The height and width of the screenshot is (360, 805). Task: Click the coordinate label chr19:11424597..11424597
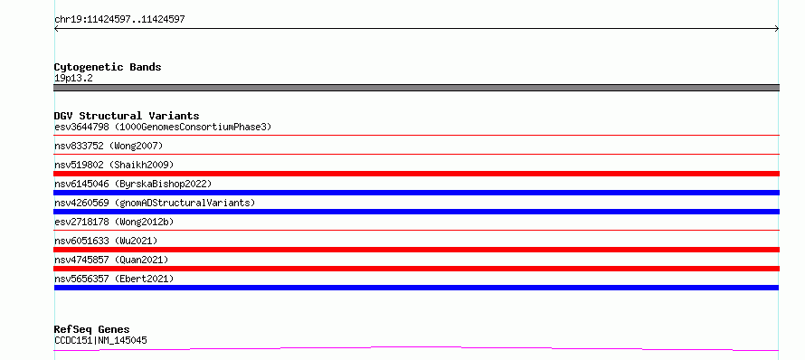point(119,20)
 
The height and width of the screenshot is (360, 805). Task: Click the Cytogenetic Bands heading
point(108,67)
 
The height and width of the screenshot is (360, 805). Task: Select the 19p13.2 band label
point(73,79)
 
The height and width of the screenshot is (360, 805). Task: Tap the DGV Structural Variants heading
point(127,116)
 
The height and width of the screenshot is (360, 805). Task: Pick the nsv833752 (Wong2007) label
point(109,146)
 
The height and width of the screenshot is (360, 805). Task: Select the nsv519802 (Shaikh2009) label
point(114,165)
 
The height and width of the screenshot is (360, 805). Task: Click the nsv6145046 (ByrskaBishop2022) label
point(133,184)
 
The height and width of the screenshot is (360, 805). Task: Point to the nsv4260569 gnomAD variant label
point(155,203)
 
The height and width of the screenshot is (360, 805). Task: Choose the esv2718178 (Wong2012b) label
point(114,222)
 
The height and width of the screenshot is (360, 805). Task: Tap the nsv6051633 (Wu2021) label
point(106,241)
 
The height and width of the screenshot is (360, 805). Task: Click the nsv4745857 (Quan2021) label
point(111,260)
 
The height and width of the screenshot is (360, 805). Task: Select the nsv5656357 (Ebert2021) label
point(114,279)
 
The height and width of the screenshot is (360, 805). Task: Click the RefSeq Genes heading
point(92,329)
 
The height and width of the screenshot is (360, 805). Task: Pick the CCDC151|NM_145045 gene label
point(100,340)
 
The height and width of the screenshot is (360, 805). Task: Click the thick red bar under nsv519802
point(416,174)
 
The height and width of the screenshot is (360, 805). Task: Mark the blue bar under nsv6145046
point(416,193)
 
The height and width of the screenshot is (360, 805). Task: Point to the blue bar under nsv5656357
point(416,288)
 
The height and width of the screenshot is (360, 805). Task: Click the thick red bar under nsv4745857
point(416,269)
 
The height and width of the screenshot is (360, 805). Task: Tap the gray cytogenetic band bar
point(416,88)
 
